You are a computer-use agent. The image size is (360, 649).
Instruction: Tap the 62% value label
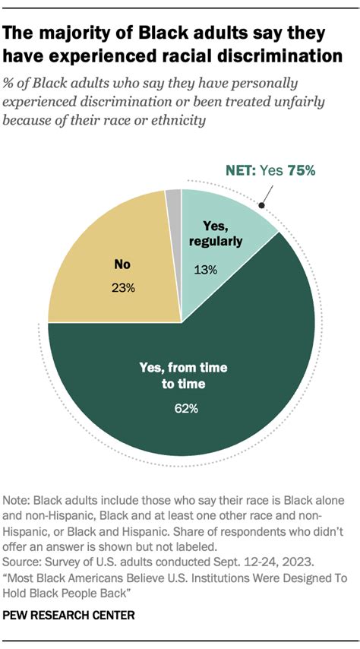(186, 409)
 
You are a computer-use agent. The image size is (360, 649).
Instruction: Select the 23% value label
(124, 288)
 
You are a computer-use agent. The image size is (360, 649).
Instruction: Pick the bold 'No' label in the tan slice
(124, 266)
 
